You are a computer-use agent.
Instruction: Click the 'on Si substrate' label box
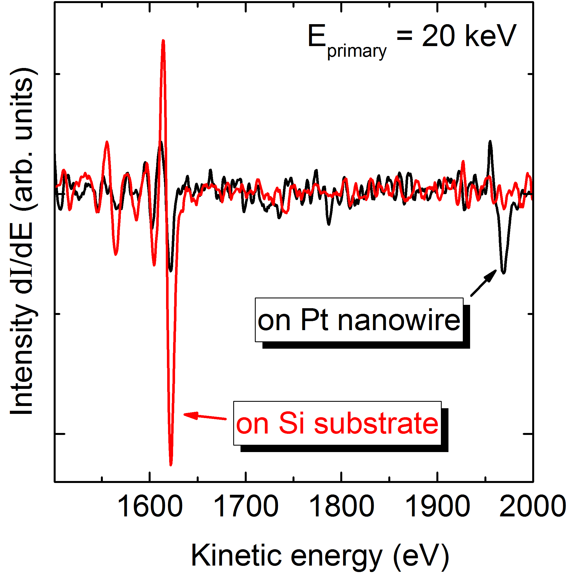(x=337, y=423)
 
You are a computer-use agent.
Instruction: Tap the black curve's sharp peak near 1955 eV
(x=490, y=142)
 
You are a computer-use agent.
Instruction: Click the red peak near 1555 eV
(x=107, y=142)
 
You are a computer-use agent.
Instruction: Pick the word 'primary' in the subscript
(x=357, y=51)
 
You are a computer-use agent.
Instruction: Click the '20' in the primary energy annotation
(x=438, y=36)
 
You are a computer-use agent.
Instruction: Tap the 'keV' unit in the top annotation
(x=491, y=36)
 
